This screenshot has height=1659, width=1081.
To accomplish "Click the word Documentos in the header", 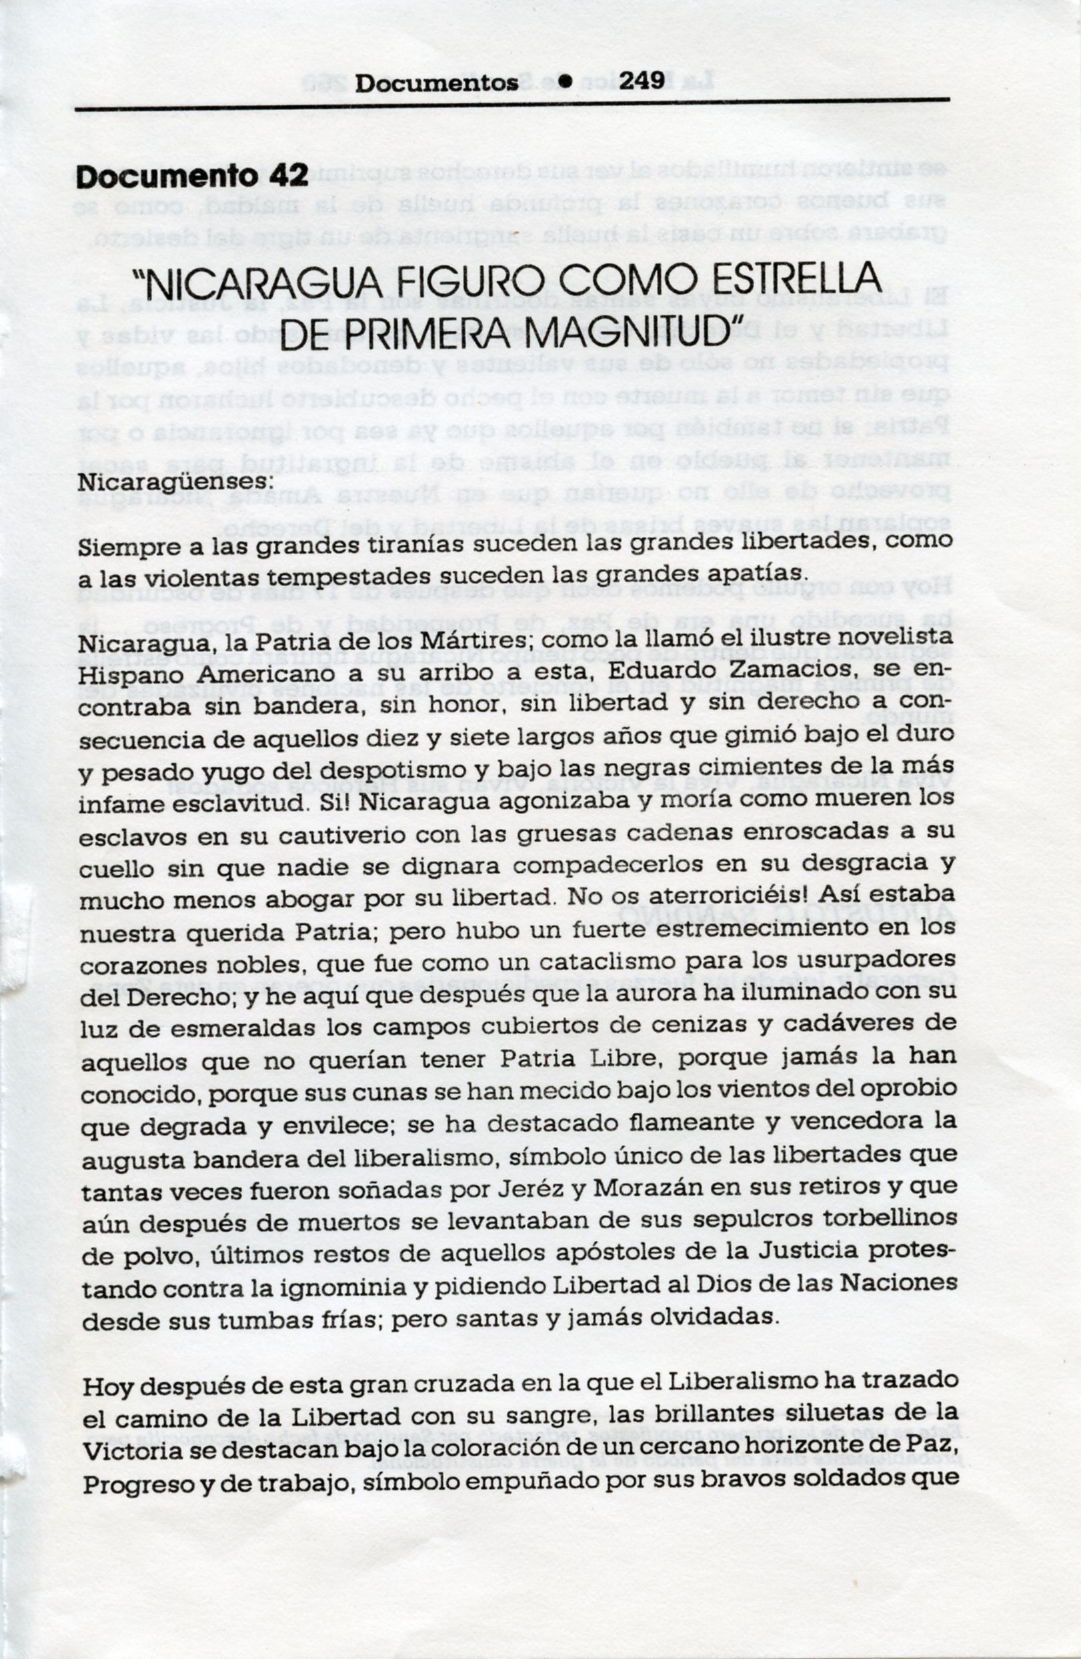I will (436, 83).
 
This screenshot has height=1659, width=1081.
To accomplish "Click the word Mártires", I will (481, 639).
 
